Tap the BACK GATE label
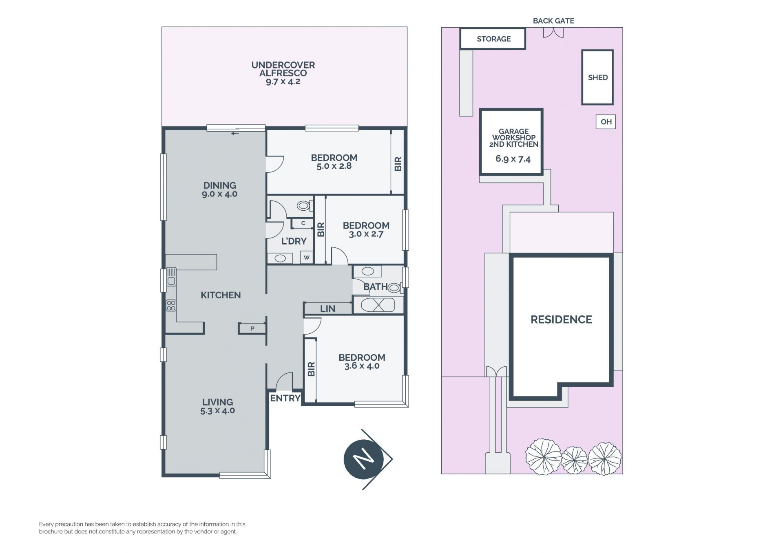pyautogui.click(x=553, y=21)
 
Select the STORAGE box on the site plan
pyautogui.click(x=493, y=39)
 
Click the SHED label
pyautogui.click(x=598, y=77)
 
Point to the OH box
pyautogui.click(x=606, y=122)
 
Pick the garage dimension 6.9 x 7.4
pyautogui.click(x=513, y=159)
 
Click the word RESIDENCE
pyautogui.click(x=561, y=319)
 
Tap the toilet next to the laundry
pyautogui.click(x=304, y=206)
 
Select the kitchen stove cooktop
pyautogui.click(x=171, y=305)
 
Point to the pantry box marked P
pyautogui.click(x=252, y=328)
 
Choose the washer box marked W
pyautogui.click(x=307, y=258)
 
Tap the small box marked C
pyautogui.click(x=303, y=223)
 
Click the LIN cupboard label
pyautogui.click(x=327, y=309)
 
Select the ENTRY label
pyautogui.click(x=285, y=398)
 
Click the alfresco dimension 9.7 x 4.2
pyautogui.click(x=283, y=82)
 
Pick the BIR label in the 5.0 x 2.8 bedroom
pyautogui.click(x=398, y=164)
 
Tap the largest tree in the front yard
pyautogui.click(x=543, y=456)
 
